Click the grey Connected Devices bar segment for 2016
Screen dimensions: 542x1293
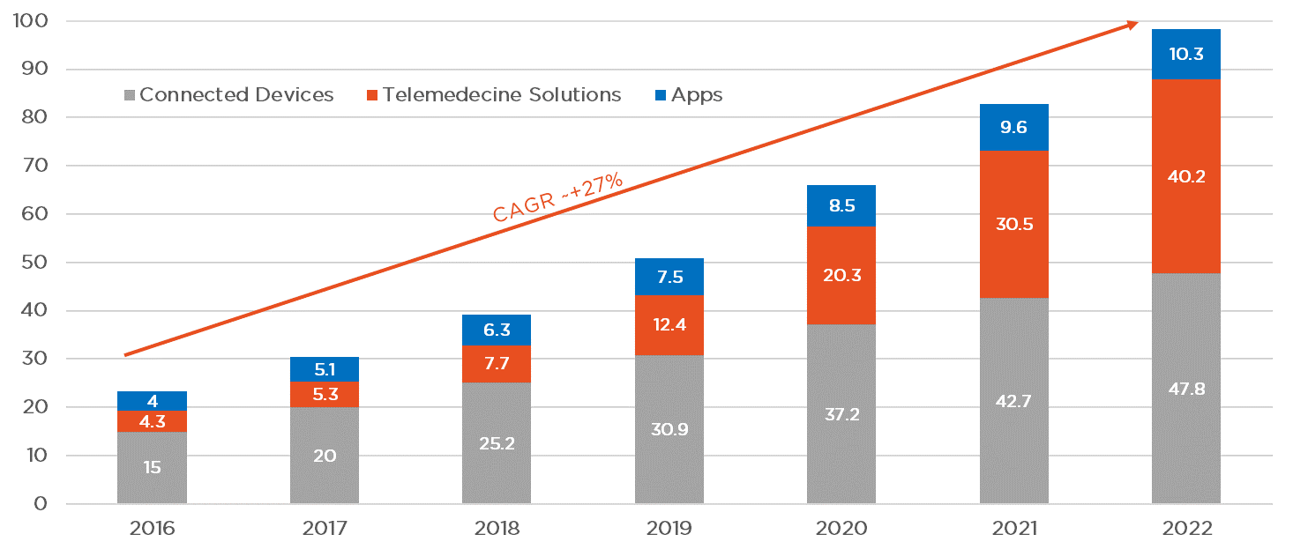tap(152, 467)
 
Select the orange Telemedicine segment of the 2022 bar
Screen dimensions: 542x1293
tap(1186, 176)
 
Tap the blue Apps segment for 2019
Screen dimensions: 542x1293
tap(669, 277)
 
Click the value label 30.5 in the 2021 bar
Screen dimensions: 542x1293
tap(1014, 224)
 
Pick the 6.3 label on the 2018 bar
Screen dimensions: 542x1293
tap(497, 330)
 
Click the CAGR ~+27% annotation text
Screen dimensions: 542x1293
tap(557, 198)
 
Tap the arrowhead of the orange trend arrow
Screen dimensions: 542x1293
tap(1132, 26)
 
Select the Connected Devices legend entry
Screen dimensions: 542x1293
tap(228, 95)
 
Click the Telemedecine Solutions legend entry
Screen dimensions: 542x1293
tap(493, 95)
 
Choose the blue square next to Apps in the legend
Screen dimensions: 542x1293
tap(661, 95)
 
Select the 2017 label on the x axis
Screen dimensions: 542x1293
tap(324, 528)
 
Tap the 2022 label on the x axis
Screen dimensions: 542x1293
tap(1186, 528)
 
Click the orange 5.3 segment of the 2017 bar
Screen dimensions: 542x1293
tap(324, 394)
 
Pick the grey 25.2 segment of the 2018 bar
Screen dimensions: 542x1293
tap(497, 443)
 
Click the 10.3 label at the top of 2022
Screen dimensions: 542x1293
tap(1186, 54)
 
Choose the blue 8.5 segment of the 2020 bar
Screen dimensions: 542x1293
tap(841, 206)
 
